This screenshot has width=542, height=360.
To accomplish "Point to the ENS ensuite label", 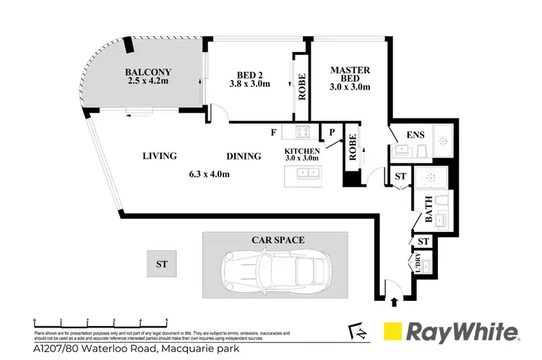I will pyautogui.click(x=416, y=134).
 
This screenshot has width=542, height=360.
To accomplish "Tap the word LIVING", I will pyautogui.click(x=160, y=155).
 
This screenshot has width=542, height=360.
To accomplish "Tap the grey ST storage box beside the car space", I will pyautogui.click(x=163, y=265).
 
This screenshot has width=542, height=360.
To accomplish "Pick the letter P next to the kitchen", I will pyautogui.click(x=330, y=133).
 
